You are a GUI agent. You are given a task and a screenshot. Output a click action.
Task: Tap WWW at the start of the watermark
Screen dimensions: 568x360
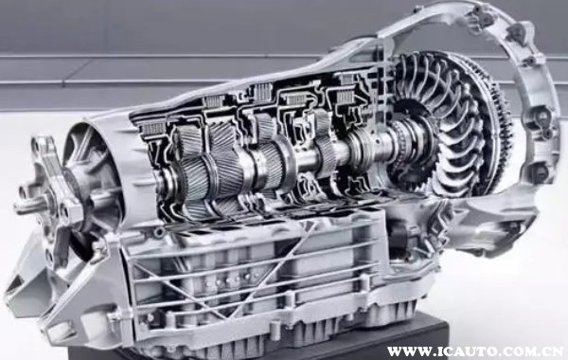coord(404,351)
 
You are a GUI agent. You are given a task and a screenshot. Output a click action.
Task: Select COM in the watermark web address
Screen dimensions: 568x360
coord(512,351)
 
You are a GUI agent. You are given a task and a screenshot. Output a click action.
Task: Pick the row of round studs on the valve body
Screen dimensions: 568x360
coord(227,279)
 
